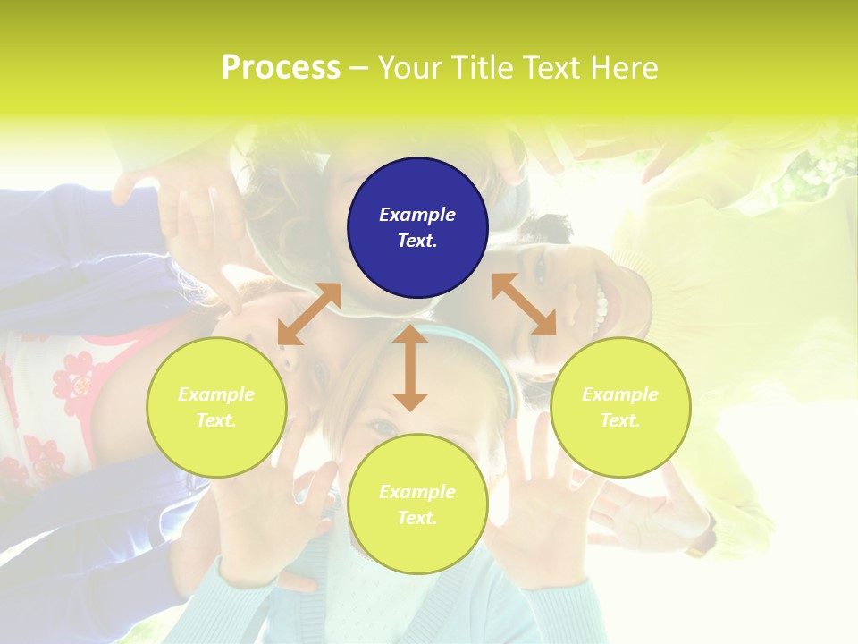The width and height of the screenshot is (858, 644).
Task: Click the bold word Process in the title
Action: tap(281, 68)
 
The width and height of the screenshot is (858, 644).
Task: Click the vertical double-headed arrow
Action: tap(410, 368)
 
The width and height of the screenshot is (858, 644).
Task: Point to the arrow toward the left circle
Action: tap(309, 313)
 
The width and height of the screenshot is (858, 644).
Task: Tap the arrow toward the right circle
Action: tap(525, 304)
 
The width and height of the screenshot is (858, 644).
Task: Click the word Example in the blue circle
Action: tap(417, 215)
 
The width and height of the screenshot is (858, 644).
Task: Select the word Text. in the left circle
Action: tap(216, 420)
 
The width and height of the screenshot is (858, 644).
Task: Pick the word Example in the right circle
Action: tap(620, 394)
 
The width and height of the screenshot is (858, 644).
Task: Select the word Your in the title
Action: tap(408, 68)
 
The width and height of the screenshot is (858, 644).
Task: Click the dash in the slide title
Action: tap(358, 68)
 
